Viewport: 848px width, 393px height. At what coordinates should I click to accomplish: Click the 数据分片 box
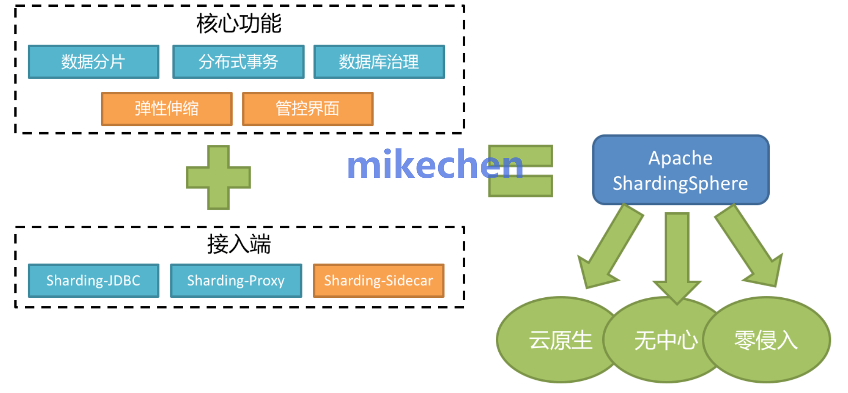[x=93, y=62]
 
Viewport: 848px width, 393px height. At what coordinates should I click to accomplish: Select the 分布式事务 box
[x=238, y=62]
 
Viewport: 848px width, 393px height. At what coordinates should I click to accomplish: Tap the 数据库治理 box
[x=379, y=62]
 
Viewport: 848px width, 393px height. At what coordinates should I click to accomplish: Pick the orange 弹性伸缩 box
[x=167, y=109]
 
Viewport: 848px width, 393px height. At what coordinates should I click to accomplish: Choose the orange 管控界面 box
[x=307, y=109]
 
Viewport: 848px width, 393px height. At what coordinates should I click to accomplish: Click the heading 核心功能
[x=239, y=23]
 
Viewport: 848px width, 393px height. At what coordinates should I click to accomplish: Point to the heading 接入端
[x=239, y=244]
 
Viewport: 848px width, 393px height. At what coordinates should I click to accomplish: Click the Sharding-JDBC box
[x=93, y=281]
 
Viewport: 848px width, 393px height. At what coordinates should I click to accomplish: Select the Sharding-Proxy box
[x=236, y=281]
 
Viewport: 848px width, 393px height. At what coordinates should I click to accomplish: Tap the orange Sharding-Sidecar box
[x=378, y=281]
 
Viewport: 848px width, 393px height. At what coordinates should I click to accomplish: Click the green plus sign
[x=219, y=177]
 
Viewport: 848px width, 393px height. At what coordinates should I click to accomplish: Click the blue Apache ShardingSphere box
[x=680, y=170]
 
